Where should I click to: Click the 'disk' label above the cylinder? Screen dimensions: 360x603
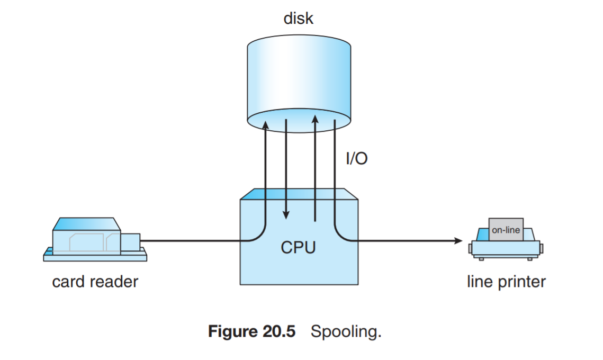(x=299, y=19)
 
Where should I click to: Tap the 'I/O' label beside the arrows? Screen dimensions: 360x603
(x=356, y=158)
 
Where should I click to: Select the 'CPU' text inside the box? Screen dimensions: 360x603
(x=298, y=247)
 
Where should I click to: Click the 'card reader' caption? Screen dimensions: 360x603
(x=95, y=282)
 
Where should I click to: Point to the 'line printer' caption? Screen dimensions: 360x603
(x=506, y=282)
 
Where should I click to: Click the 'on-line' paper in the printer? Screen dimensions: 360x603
(x=506, y=230)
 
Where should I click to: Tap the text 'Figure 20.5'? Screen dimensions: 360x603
(x=251, y=332)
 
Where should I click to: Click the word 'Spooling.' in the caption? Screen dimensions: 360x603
(x=346, y=332)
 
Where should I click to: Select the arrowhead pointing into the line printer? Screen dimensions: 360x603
(x=458, y=241)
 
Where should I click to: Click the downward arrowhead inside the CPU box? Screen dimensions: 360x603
(x=286, y=215)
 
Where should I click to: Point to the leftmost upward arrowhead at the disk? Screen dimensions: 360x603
(x=265, y=124)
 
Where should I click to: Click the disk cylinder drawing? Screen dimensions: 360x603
(x=299, y=74)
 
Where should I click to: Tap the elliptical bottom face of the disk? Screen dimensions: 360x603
(x=299, y=123)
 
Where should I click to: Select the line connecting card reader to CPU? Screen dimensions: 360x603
(x=191, y=241)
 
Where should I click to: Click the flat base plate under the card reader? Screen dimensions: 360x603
(x=95, y=257)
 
